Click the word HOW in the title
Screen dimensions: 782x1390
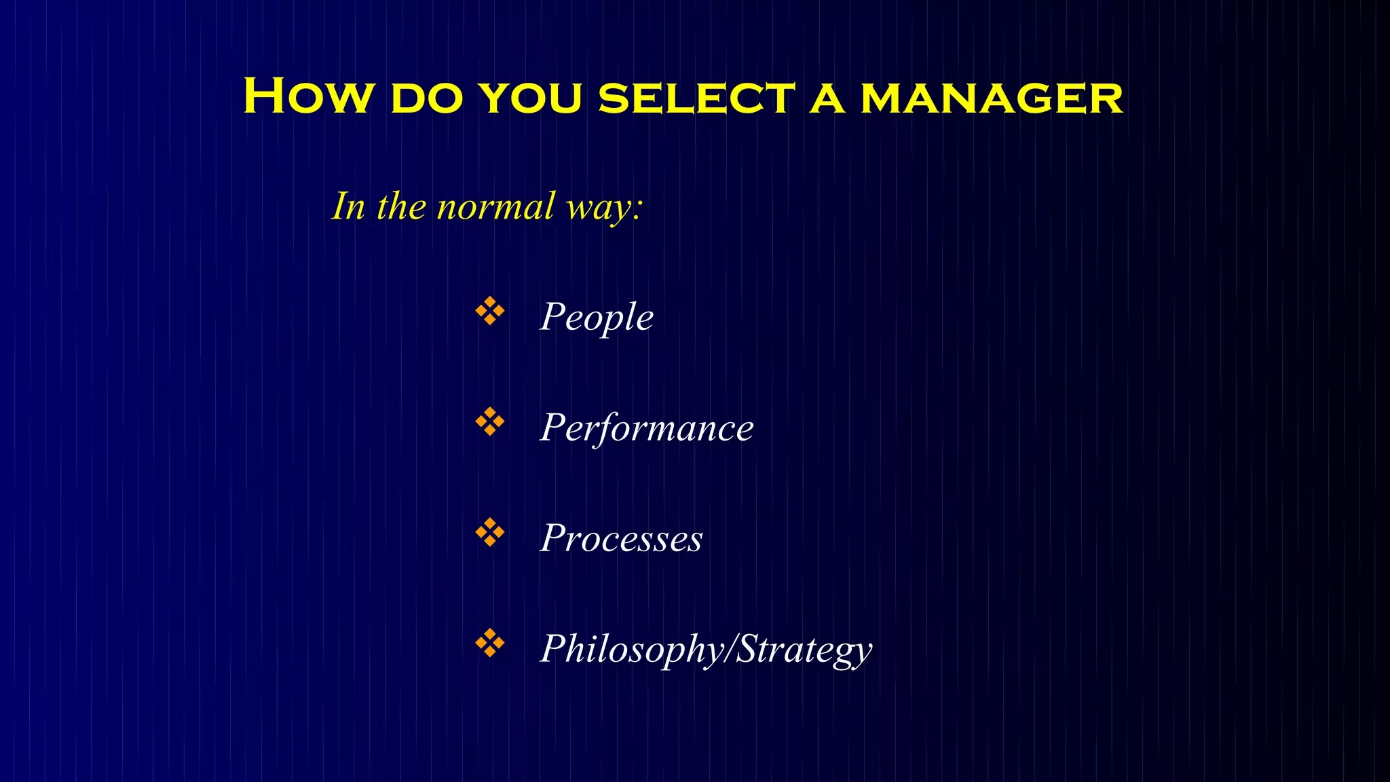307,96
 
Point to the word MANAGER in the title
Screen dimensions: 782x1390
992,98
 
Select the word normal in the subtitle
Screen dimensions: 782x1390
495,207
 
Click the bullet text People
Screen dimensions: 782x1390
597,317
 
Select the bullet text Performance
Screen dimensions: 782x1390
647,428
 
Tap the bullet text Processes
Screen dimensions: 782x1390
621,538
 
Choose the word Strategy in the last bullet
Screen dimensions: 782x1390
804,649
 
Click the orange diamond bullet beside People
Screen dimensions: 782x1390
489,312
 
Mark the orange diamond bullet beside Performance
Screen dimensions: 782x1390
489,422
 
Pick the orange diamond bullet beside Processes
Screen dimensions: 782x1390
489,533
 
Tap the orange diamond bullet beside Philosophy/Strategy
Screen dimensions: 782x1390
489,643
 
